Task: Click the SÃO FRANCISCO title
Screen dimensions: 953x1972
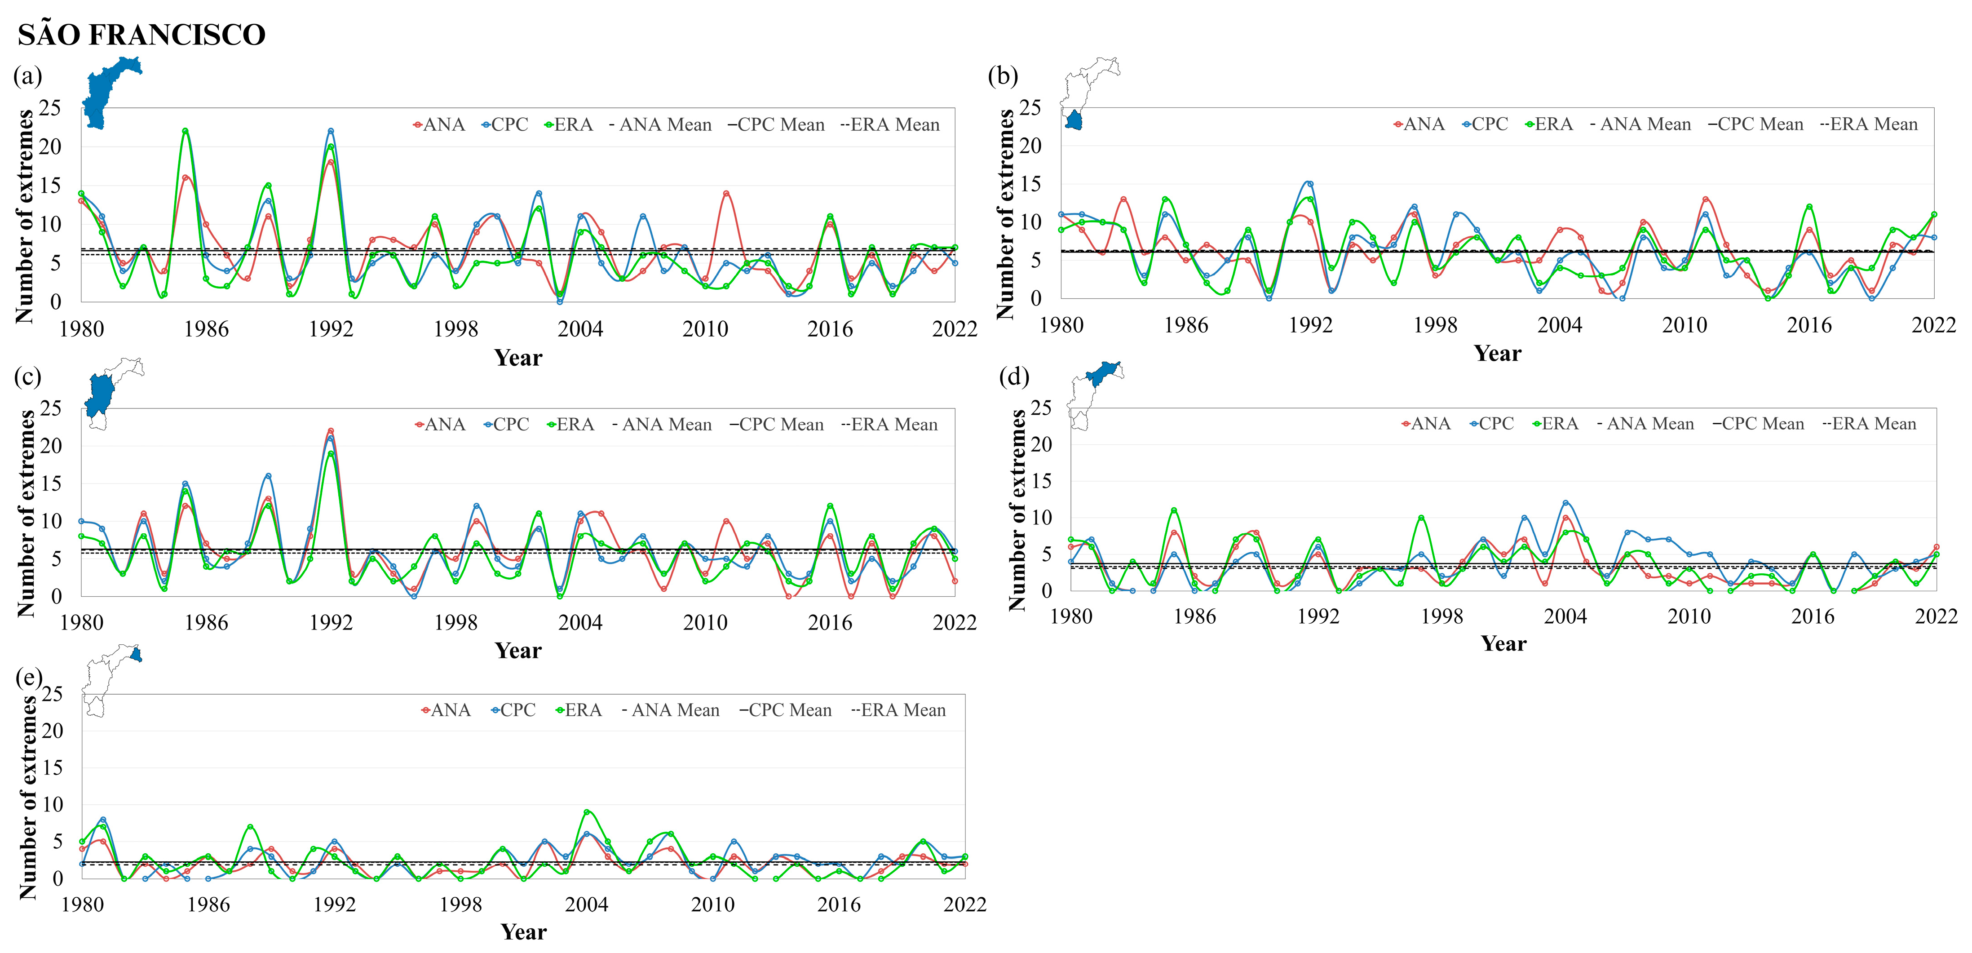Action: pyautogui.click(x=141, y=35)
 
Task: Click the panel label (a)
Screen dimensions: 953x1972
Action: pyautogui.click(x=27, y=76)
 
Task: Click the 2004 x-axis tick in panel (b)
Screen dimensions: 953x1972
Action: pyautogui.click(x=1559, y=325)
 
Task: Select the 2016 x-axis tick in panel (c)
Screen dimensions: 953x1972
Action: pyautogui.click(x=830, y=622)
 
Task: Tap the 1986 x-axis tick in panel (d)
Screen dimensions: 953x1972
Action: pyautogui.click(x=1194, y=616)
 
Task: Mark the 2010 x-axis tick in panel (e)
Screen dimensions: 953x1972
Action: pyautogui.click(x=713, y=905)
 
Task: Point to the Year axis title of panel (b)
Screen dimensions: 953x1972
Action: pyautogui.click(x=1497, y=354)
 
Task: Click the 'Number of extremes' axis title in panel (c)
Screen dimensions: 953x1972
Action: pyautogui.click(x=27, y=513)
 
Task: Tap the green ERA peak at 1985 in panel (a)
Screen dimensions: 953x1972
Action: pyautogui.click(x=185, y=131)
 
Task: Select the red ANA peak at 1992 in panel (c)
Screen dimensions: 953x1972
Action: pyautogui.click(x=331, y=430)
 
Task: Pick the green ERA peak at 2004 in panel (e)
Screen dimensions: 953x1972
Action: pyautogui.click(x=586, y=811)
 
